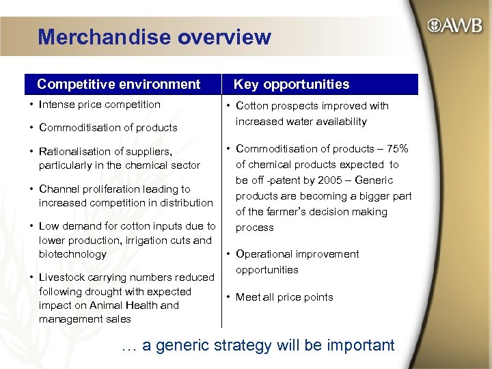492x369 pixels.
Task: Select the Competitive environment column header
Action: [118, 84]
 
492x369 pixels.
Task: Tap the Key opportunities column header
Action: [291, 84]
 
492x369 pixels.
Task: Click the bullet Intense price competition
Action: [100, 105]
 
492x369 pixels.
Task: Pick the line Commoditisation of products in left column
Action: [109, 127]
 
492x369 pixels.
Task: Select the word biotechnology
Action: [72, 254]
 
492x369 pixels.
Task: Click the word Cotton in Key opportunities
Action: [252, 106]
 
